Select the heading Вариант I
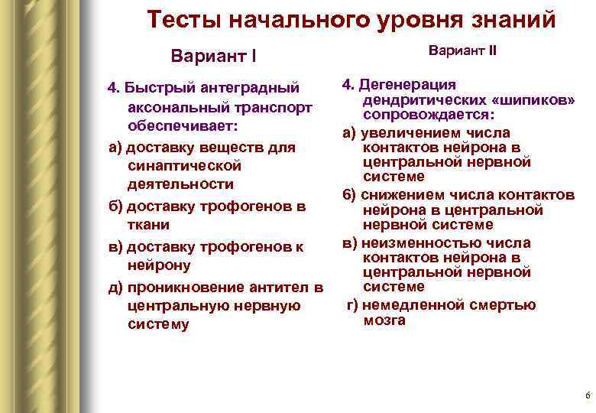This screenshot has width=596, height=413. pos(213,57)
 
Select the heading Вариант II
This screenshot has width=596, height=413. pos(462,51)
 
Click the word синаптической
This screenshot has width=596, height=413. pos(185,165)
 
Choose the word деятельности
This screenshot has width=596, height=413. pos(181,184)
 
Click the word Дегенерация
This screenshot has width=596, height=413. pos(409,85)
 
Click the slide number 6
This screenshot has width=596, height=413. pos(587,396)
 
